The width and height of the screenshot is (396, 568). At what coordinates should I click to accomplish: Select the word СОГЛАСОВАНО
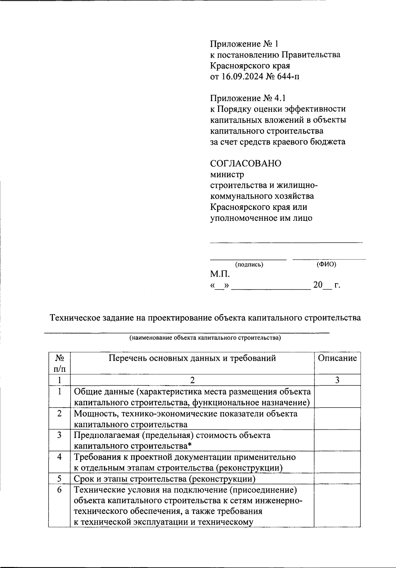pos(246,163)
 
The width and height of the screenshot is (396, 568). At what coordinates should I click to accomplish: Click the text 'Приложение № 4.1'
pos(248,98)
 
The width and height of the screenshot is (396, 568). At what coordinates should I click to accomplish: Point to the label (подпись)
pos(249,264)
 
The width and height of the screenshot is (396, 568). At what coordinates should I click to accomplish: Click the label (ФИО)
pos(326,264)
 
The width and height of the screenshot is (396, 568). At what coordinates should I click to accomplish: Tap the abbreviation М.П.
pos(220,274)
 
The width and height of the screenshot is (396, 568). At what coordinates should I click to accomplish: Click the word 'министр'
pos(227,174)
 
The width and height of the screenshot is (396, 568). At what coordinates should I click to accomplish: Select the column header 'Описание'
pos(337,358)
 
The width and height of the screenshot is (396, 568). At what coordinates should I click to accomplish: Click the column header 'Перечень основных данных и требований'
pos(192,358)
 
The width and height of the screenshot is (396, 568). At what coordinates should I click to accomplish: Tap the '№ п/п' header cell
pos(59,363)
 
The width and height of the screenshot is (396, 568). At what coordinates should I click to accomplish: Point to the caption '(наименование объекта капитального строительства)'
pos(205,338)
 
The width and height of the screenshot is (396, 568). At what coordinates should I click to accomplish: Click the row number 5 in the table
pos(59,479)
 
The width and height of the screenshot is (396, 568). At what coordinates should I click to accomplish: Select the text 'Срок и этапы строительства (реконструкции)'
pos(164,479)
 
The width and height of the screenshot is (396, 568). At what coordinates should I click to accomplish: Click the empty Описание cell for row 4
pos(337,462)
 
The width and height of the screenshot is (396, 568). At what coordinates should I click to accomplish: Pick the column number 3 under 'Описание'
pos(337,380)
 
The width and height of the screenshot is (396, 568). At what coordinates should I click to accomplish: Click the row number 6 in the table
pos(59,490)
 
